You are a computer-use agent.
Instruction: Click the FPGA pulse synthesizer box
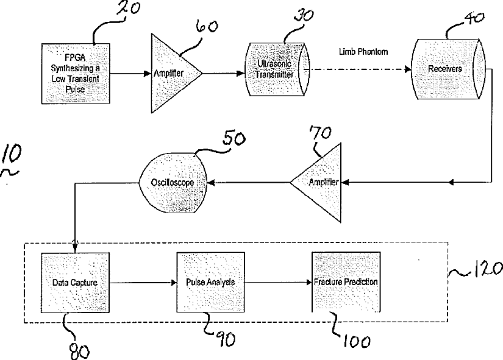(75, 72)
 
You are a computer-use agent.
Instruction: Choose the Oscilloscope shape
(175, 181)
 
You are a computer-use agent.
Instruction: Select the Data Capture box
(74, 283)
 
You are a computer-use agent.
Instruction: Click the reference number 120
(485, 269)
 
